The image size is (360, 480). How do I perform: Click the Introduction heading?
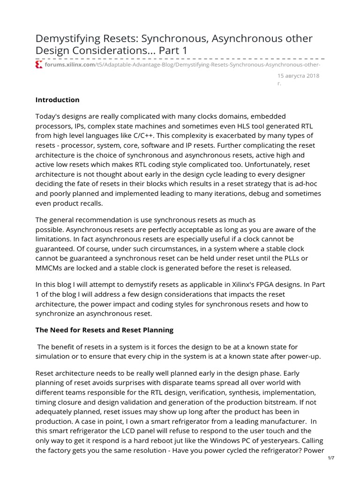tap(58, 100)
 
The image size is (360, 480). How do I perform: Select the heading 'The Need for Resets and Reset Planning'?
tap(105, 330)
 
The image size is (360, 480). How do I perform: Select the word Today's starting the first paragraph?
tap(49, 116)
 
